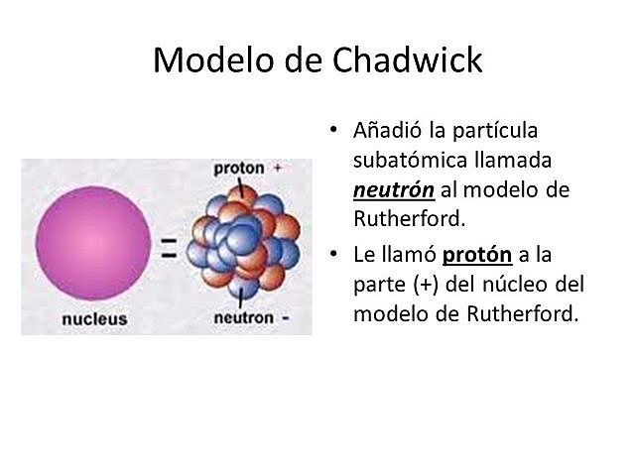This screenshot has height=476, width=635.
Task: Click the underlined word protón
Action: tap(477, 255)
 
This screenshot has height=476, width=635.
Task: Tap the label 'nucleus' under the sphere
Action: tap(95, 319)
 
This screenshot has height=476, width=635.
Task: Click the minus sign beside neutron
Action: tap(285, 319)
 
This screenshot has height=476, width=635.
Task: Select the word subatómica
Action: tap(403, 161)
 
